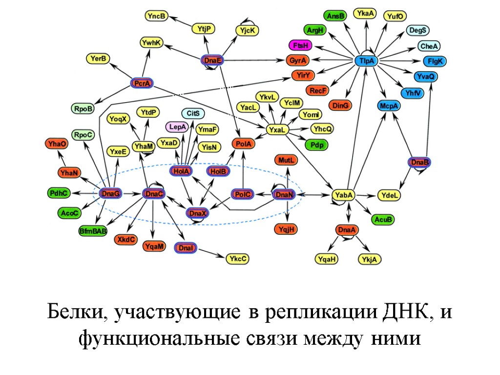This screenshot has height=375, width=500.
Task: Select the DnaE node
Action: point(213,60)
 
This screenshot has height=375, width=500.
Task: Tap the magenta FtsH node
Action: point(299,46)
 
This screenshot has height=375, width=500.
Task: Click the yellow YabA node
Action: point(343,195)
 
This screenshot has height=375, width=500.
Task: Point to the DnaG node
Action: point(110,194)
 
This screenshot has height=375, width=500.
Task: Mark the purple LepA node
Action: point(178,127)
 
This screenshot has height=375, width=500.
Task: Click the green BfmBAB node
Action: point(93,231)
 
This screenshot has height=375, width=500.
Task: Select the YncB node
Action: point(156,16)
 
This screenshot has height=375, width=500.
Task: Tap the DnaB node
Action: point(419,162)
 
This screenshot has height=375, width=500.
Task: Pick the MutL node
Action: point(287,160)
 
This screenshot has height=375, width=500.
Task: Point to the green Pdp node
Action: point(316,145)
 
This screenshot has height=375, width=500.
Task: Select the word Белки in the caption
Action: point(74,312)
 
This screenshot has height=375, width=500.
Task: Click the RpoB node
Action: point(83,108)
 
